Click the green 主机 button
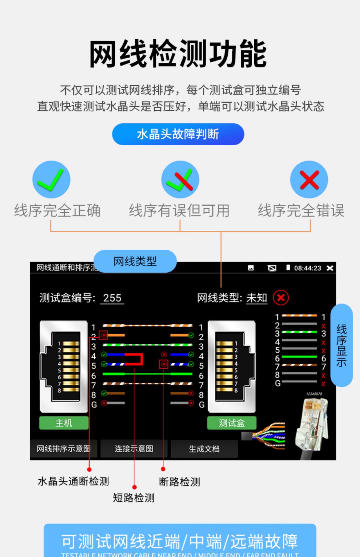point(64,423)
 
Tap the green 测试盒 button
point(232,423)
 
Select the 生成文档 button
point(204,449)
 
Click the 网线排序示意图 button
point(64,449)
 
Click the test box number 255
point(112,298)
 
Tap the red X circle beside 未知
point(281,298)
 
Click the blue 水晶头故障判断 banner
point(178,134)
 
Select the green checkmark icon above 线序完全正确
point(51,180)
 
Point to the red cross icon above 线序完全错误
point(309,180)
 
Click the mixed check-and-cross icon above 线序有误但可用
point(180,180)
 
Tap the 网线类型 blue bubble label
point(135,261)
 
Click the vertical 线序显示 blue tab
point(341,345)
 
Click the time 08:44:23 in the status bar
point(307,268)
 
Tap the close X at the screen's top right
point(330,268)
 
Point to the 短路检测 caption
point(134,498)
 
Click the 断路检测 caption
point(179,482)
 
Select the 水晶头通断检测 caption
point(73,481)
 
